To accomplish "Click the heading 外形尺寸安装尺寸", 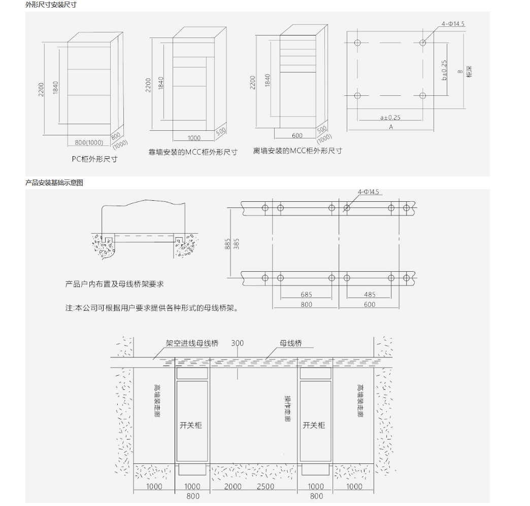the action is pos(51,5).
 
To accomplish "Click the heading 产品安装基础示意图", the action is pos(54,183).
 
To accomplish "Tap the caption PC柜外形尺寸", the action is pos(94,159).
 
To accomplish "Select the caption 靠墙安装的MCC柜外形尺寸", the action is pos(193,152).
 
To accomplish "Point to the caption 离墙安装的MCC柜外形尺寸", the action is pos(297,151).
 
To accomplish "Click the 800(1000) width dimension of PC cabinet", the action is pos(89,142).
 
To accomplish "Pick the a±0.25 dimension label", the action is pos(390,118).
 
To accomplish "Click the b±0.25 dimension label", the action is pos(444,70).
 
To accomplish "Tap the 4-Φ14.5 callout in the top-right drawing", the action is pos(453,24).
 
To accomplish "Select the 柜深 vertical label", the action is pos(469,71).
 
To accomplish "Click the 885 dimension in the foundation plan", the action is pos(227,244).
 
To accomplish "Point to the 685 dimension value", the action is pos(306,295).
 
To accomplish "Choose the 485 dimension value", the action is pos(370,295).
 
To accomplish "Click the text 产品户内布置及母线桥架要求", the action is pos(114,284).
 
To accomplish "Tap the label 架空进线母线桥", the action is pos(192,343).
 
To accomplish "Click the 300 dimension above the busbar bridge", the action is pos(237,343).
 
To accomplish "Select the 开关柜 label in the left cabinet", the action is pos(191,425).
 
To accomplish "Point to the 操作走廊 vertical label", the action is pos(287,409).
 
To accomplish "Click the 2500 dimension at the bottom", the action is pos(266,486).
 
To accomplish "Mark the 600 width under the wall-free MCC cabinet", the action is pos(297,136).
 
